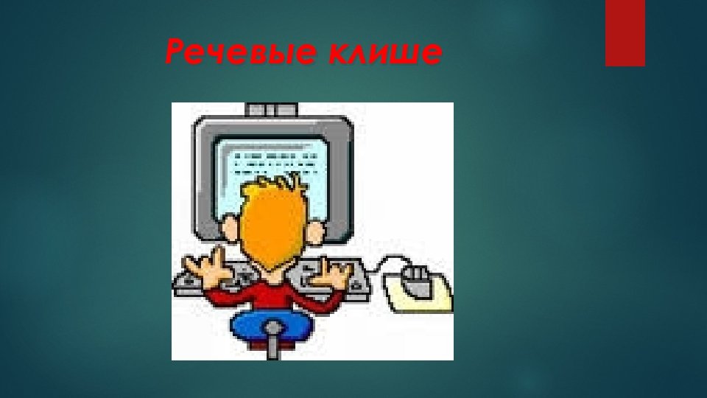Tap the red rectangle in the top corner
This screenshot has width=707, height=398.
[625, 32]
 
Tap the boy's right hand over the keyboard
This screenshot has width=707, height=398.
[340, 276]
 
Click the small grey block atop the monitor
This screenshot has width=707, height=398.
[271, 110]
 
